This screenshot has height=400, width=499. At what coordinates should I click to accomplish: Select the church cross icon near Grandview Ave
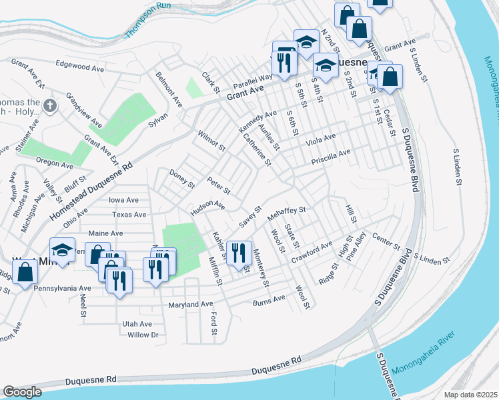tap(50, 105)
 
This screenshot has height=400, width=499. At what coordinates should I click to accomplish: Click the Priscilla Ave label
tap(330, 157)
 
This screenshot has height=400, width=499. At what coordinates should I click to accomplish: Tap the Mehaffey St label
tap(286, 213)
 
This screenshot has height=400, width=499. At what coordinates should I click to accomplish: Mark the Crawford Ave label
tap(312, 250)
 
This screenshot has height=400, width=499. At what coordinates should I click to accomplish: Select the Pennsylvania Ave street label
tap(65, 288)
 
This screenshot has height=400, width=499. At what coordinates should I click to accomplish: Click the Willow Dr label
tap(142, 335)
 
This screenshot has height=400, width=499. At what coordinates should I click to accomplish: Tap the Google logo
tap(23, 392)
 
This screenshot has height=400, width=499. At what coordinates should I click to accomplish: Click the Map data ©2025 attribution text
tap(470, 395)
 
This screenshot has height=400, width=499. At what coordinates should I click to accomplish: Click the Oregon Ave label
tap(54, 163)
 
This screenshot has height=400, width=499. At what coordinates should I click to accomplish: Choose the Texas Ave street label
tap(129, 215)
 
